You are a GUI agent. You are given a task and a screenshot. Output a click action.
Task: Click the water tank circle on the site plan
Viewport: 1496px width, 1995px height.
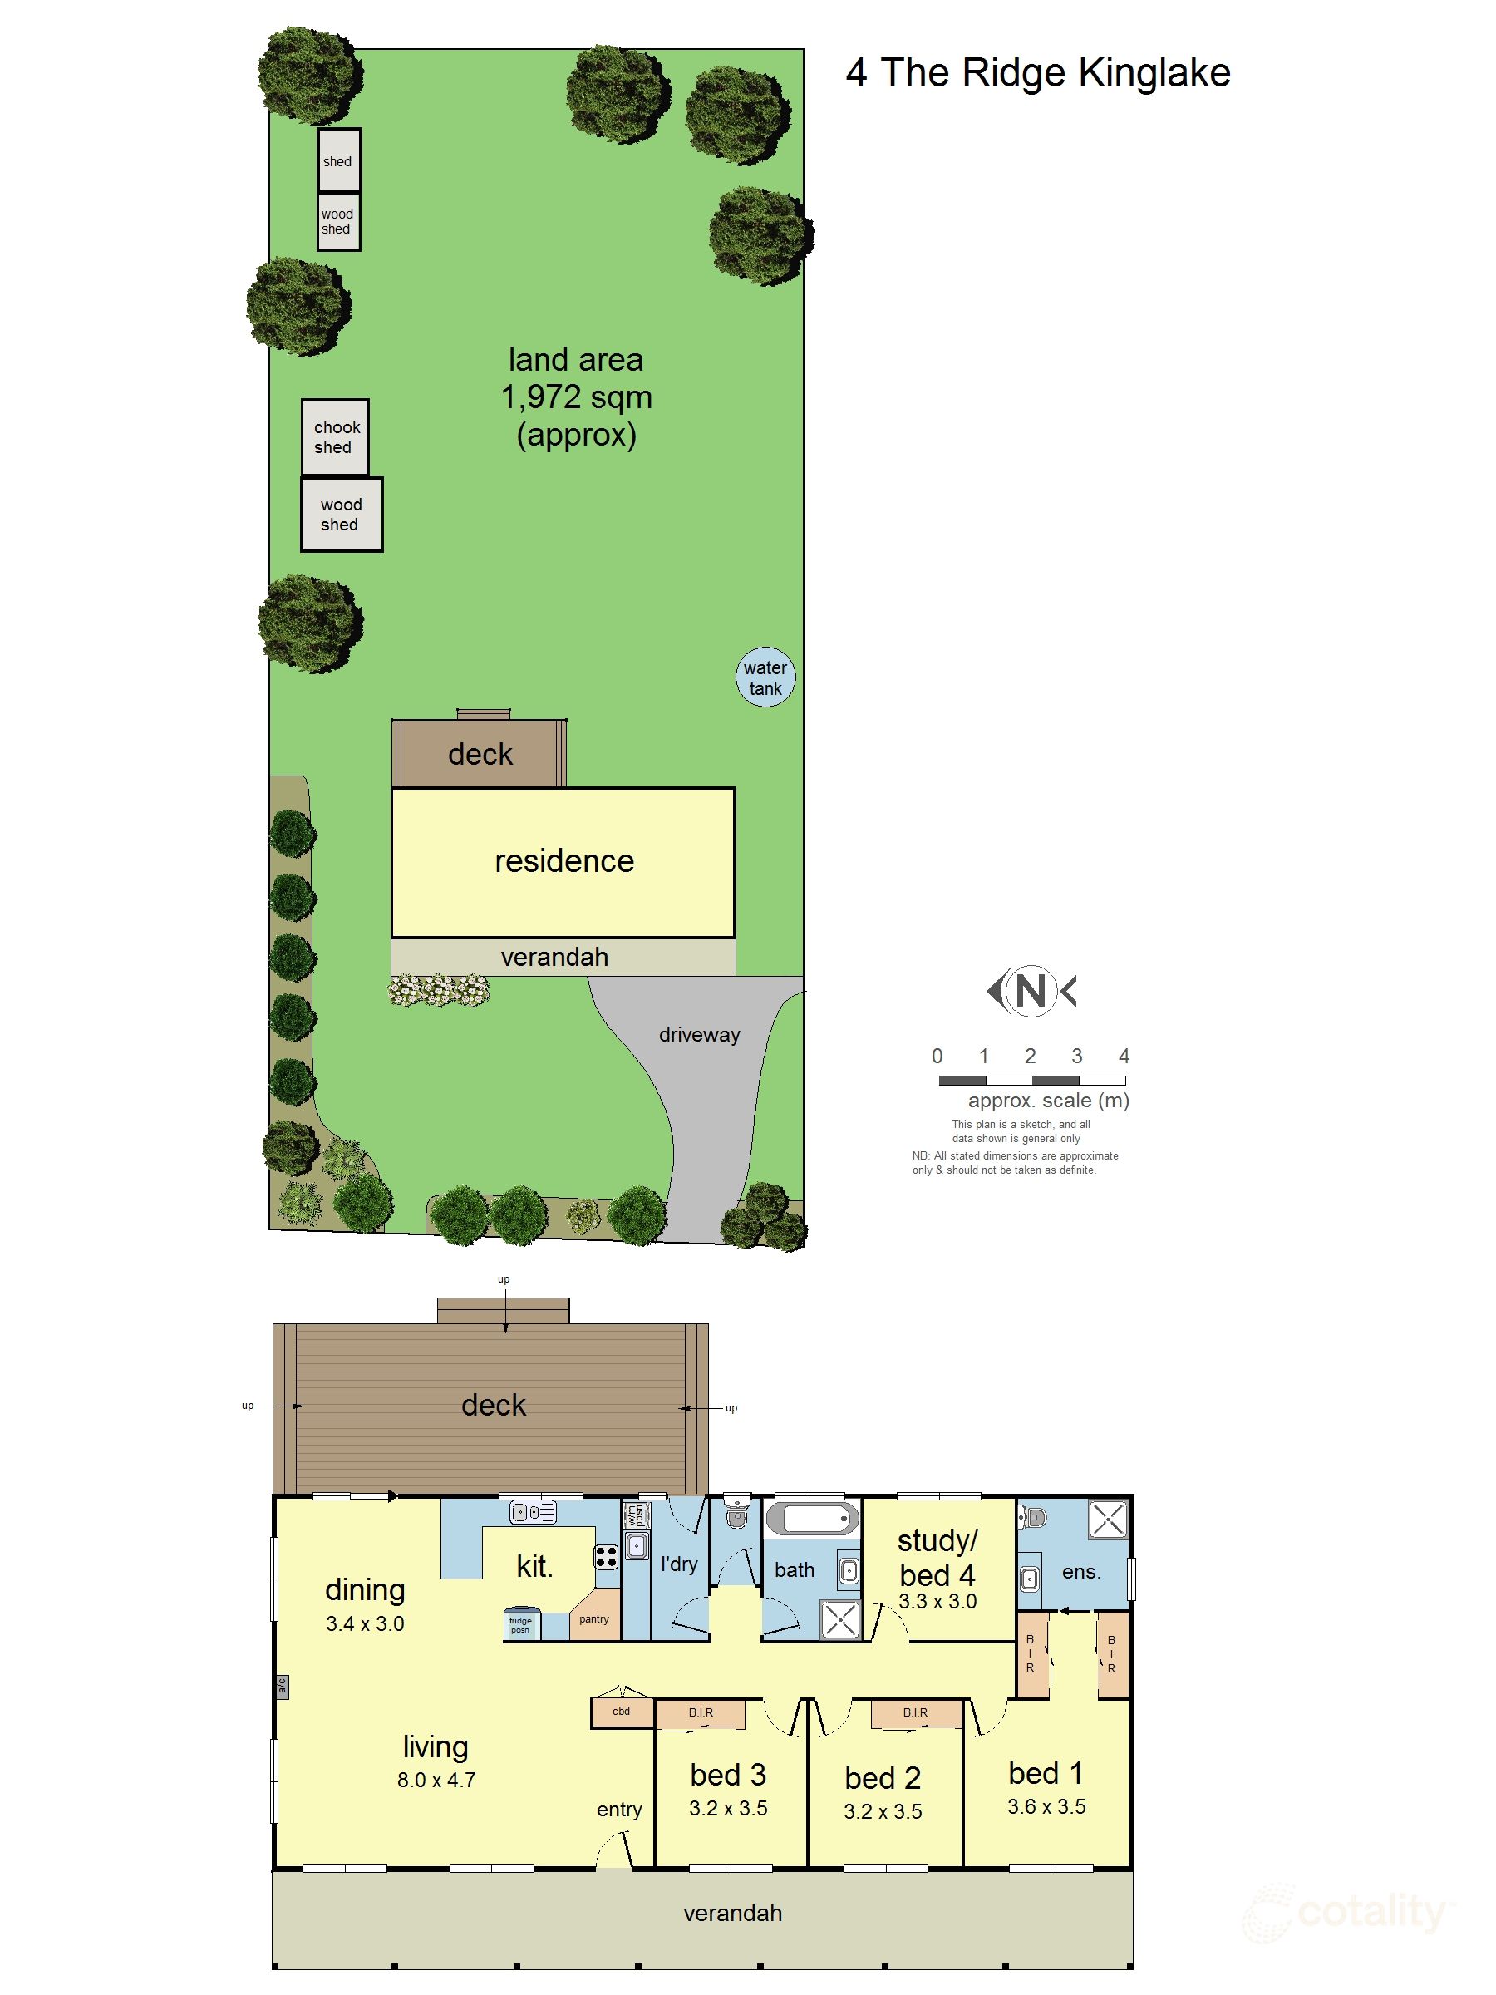(x=765, y=677)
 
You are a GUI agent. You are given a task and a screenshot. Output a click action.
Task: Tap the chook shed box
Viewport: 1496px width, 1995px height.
(x=335, y=437)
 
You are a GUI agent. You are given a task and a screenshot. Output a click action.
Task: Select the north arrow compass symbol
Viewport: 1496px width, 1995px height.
(x=1031, y=990)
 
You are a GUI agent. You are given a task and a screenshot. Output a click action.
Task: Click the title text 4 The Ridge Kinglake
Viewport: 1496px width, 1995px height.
(x=1037, y=73)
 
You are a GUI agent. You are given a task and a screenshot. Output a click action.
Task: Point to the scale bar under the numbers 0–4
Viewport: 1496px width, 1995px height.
(x=1031, y=1080)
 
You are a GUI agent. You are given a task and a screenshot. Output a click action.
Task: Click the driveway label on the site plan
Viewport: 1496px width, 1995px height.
(x=699, y=1034)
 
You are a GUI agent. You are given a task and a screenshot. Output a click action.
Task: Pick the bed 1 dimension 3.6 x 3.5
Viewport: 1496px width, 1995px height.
(x=1046, y=1806)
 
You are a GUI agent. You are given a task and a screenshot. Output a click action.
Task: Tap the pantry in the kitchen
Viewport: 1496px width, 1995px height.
(x=593, y=1620)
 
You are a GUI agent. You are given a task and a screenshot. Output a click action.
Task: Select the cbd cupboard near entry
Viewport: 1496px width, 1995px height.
(x=622, y=1711)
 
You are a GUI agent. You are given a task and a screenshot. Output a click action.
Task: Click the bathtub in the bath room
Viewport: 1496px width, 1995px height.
(x=813, y=1519)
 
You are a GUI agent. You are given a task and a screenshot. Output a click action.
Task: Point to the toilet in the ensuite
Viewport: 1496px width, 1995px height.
(x=1034, y=1518)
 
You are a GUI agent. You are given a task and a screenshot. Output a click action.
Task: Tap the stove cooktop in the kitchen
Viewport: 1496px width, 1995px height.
(x=606, y=1558)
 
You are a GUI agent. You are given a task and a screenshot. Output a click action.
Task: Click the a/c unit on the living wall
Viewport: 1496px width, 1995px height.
(x=282, y=1687)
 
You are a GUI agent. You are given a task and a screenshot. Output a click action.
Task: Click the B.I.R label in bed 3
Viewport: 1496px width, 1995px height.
(x=701, y=1712)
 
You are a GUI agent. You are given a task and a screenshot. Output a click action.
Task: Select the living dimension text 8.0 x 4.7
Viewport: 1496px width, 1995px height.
(x=436, y=1780)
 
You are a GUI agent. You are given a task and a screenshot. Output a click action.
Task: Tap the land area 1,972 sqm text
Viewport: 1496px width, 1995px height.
(x=576, y=397)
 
